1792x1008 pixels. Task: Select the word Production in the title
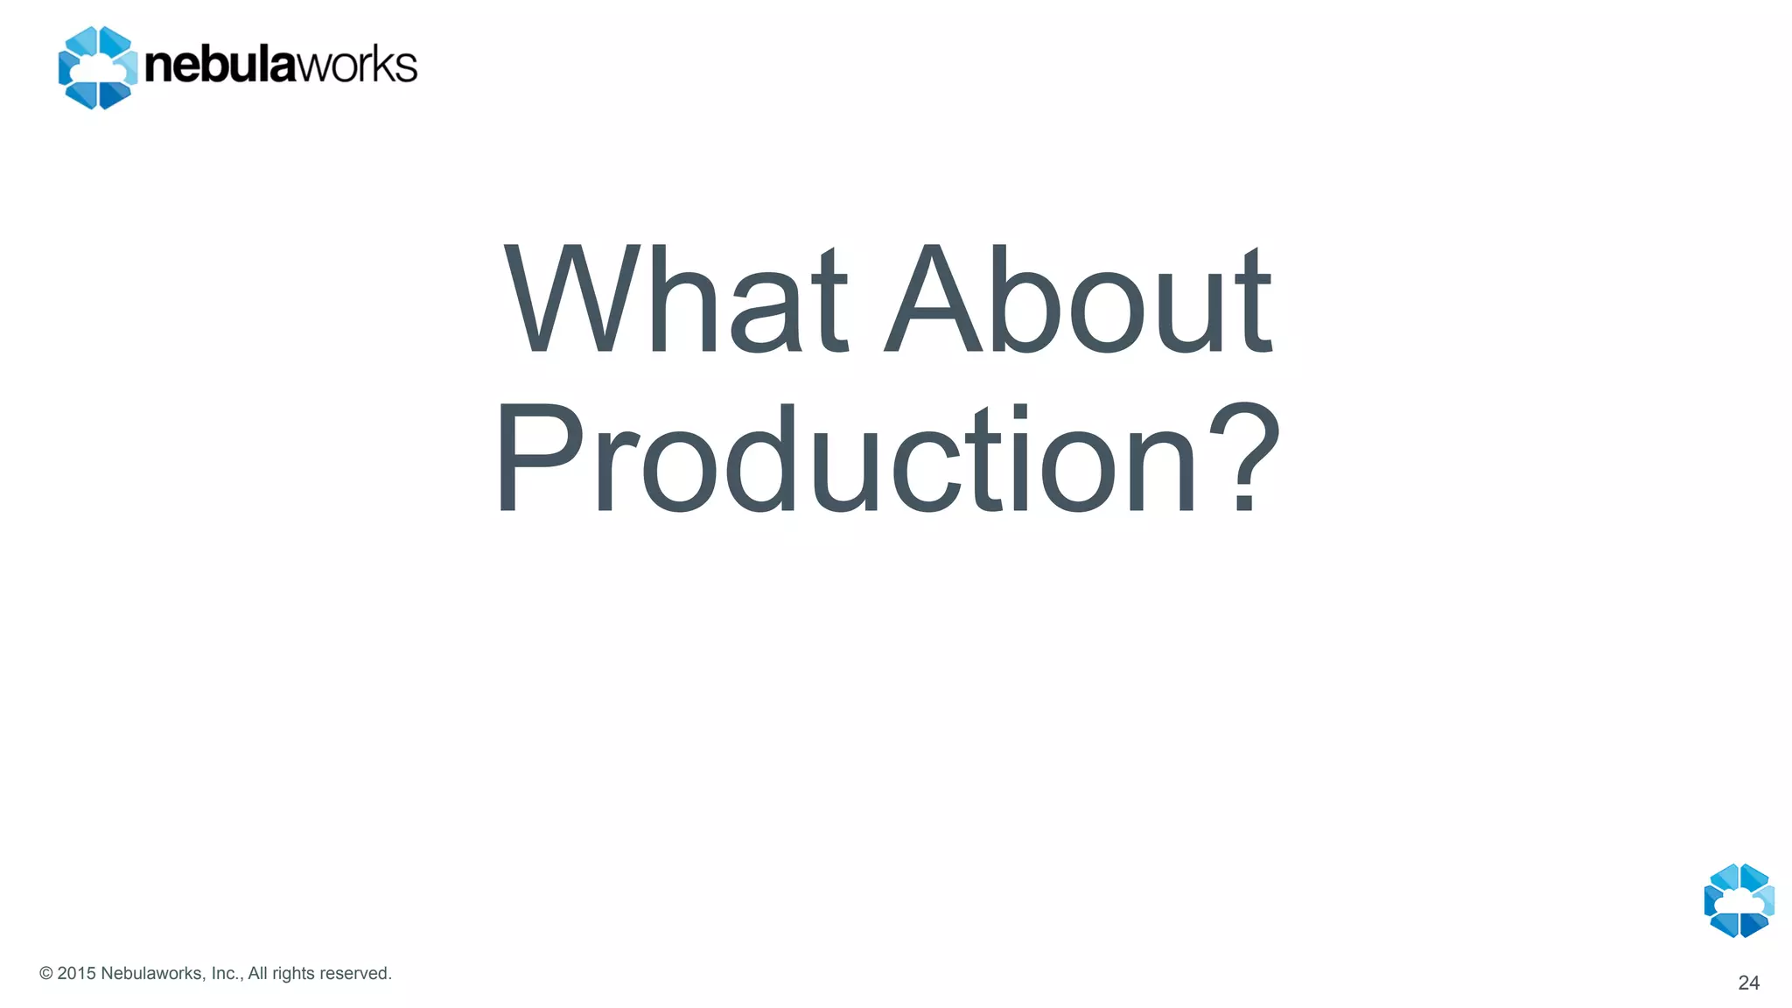pos(845,458)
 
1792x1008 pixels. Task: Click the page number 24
pos(1748,983)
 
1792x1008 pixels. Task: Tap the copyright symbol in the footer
pos(46,974)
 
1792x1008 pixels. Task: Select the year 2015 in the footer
pos(76,974)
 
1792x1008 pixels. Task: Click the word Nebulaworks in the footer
pos(152,974)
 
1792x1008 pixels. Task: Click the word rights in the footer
pos(292,974)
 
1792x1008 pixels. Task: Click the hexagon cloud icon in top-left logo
pos(97,67)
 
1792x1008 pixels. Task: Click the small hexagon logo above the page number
pos(1739,900)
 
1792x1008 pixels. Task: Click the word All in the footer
pos(257,974)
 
